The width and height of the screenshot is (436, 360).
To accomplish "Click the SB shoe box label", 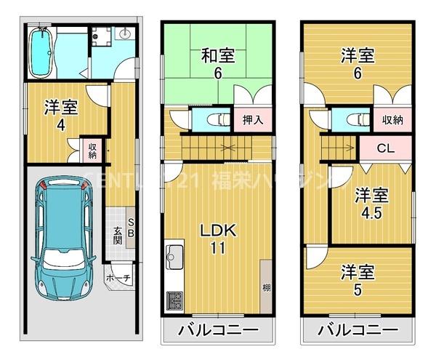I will coord(131,228).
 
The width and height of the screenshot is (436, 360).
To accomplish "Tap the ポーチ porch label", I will coord(118,277).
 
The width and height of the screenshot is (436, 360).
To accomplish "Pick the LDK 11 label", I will coord(216,238).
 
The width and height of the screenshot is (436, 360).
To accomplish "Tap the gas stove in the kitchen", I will coord(177,298).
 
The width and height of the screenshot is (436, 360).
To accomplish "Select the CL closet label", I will coord(385,150).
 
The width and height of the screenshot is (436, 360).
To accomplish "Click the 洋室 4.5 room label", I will coord(371,203).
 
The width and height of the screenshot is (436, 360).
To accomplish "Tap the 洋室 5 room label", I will coord(358,281).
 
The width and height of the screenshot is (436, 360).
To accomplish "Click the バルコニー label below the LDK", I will coord(217,331).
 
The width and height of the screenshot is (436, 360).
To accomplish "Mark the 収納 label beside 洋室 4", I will coord(93,151).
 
